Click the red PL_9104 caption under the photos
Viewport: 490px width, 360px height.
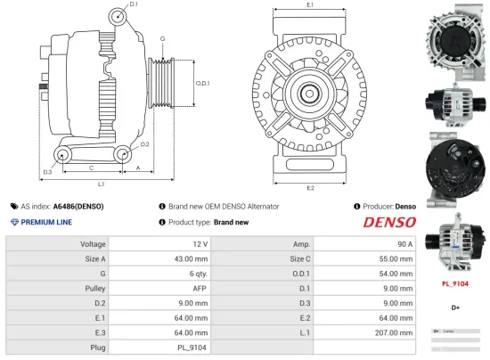(455, 284)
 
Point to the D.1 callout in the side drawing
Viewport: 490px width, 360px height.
(134, 5)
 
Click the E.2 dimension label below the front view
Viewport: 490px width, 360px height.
(310, 188)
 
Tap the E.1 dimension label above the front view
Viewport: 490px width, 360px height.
(310, 5)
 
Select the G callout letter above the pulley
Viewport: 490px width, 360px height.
(162, 39)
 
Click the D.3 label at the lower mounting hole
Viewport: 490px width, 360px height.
(47, 171)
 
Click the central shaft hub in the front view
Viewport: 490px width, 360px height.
(309, 91)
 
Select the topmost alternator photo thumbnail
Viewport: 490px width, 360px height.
(455, 37)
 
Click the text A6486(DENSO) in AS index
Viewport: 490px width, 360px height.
(78, 206)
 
